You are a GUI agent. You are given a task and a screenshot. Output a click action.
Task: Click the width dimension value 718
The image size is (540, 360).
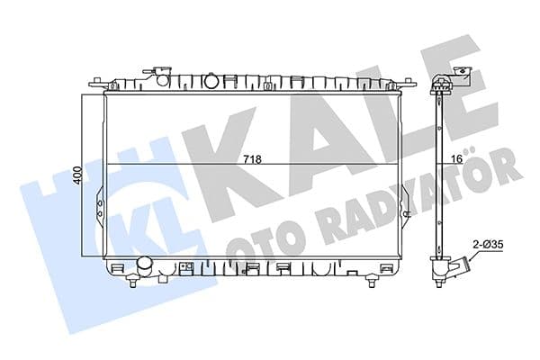(254, 159)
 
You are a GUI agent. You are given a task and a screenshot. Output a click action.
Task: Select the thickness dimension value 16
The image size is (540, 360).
(455, 159)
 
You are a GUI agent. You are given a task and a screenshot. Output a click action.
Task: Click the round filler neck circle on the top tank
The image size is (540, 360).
(211, 82)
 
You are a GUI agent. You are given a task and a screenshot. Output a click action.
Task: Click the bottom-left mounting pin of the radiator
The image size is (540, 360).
(132, 283)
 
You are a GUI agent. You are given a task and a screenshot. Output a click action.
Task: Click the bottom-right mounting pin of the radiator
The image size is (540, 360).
(371, 283)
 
